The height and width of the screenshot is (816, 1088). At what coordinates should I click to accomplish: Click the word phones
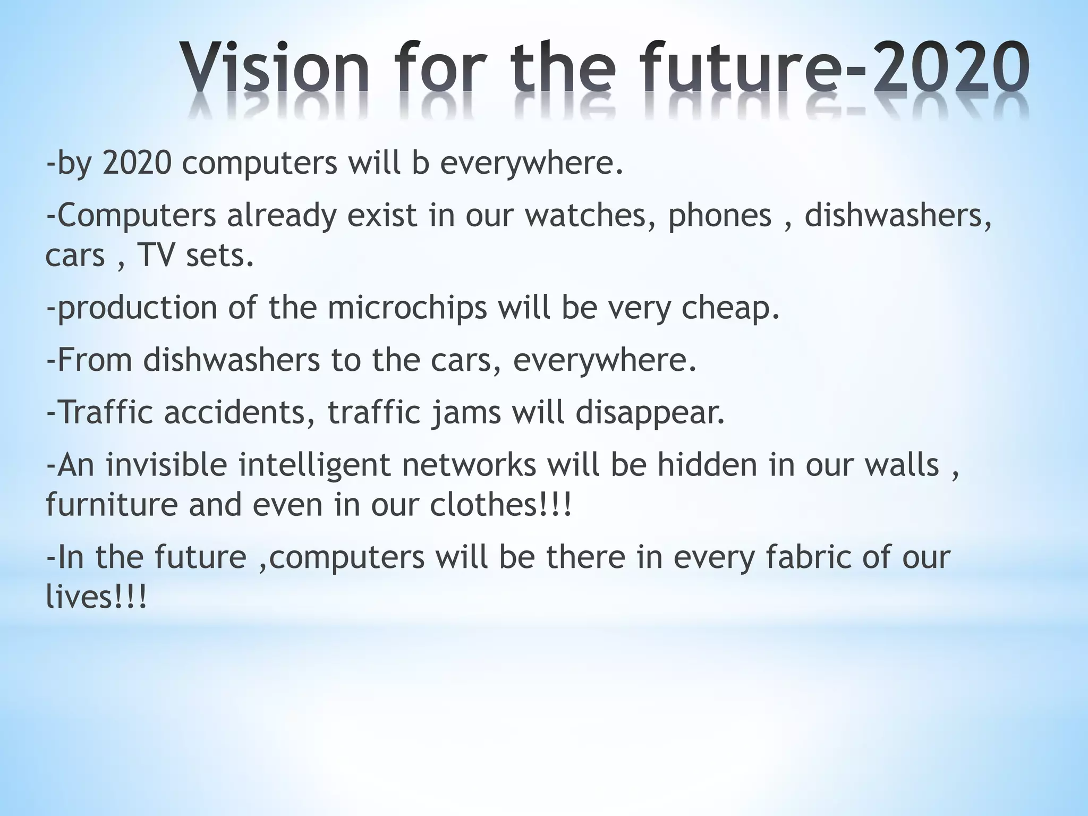(x=719, y=216)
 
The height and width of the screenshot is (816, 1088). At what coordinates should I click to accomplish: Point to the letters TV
(x=156, y=256)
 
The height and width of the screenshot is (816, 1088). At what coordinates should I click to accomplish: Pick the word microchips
(x=407, y=308)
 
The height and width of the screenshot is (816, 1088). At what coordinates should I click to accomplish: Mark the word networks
(x=469, y=465)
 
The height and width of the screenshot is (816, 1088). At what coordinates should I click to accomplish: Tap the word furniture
(x=112, y=504)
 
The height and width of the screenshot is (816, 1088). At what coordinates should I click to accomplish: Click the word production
(x=137, y=308)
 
